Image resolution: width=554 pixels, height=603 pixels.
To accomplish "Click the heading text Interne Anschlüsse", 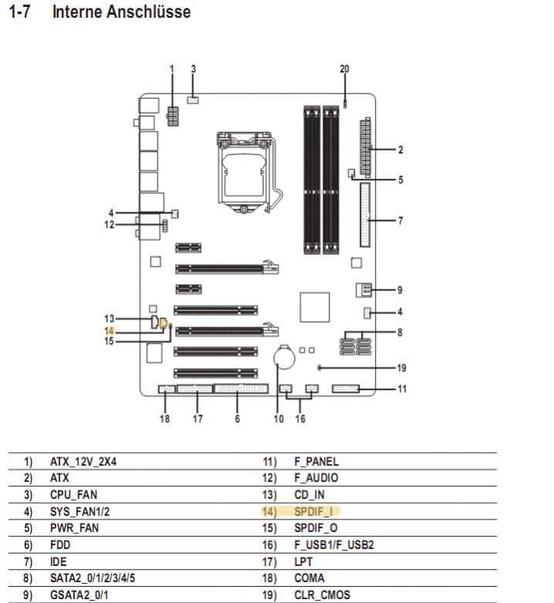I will tap(121, 12).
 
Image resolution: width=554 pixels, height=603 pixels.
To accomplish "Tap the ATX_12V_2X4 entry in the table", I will tap(88, 462).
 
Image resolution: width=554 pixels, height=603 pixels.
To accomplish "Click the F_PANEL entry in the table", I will tap(316, 462).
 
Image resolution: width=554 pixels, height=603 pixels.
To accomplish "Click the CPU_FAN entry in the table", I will tap(73, 495).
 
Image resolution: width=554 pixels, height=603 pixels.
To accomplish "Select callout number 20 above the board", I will tap(344, 69).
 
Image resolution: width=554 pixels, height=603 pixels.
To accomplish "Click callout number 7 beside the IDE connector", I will tap(400, 221).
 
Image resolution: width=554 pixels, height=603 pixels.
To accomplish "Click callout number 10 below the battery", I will tap(279, 419).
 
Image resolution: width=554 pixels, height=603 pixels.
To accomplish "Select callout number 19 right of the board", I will tap(402, 368).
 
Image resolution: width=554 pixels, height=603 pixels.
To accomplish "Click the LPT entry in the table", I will tap(302, 561).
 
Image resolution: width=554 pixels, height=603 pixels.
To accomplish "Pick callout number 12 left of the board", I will tap(109, 225).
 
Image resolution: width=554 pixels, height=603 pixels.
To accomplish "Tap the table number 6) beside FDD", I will tap(29, 545).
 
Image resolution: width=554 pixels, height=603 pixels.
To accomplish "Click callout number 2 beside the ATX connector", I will tap(400, 149).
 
